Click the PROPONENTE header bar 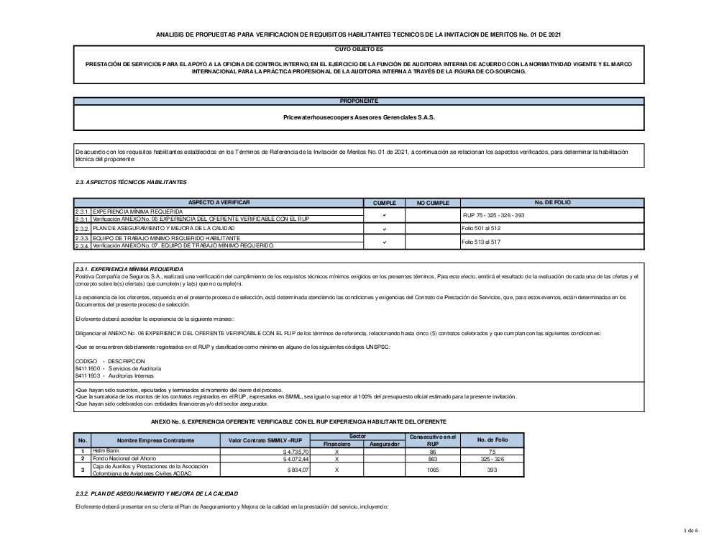359,101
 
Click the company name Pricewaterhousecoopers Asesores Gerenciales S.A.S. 359,117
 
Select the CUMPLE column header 385,204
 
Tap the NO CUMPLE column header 432,204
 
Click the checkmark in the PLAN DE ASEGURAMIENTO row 385,229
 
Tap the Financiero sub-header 336,444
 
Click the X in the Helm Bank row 336,450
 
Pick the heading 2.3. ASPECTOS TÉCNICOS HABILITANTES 131,182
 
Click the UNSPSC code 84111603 86,375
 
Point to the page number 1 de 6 690,531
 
